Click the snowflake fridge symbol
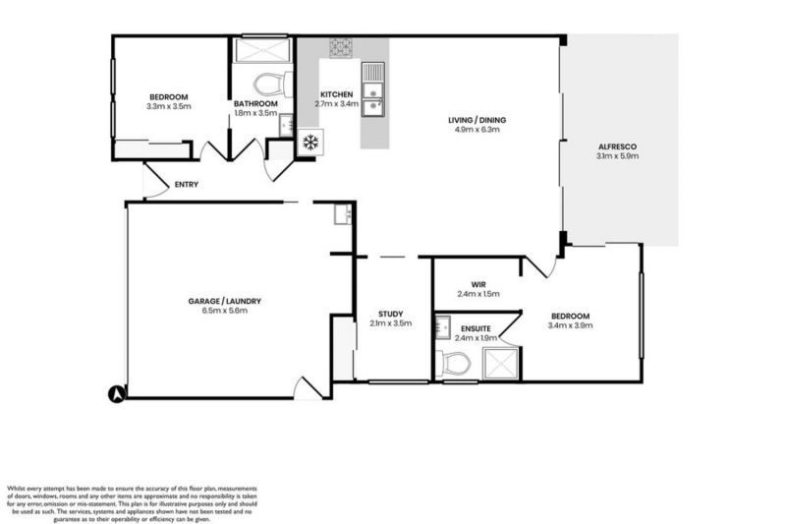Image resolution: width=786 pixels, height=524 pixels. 310,143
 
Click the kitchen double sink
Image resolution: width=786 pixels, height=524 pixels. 373,94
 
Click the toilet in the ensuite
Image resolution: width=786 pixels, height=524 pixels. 454,365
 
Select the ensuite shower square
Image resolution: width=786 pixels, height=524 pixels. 504,364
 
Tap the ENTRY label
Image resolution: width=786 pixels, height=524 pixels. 187,184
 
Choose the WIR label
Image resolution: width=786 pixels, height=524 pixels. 478,284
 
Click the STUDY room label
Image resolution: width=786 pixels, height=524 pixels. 391,314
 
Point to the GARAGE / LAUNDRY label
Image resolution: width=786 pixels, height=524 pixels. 225,301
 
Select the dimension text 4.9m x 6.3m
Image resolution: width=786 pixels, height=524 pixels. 477,129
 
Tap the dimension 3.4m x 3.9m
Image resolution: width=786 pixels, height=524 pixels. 571,324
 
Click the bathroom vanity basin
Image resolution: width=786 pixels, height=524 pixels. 284,125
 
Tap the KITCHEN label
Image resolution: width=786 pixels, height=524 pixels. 336,93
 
